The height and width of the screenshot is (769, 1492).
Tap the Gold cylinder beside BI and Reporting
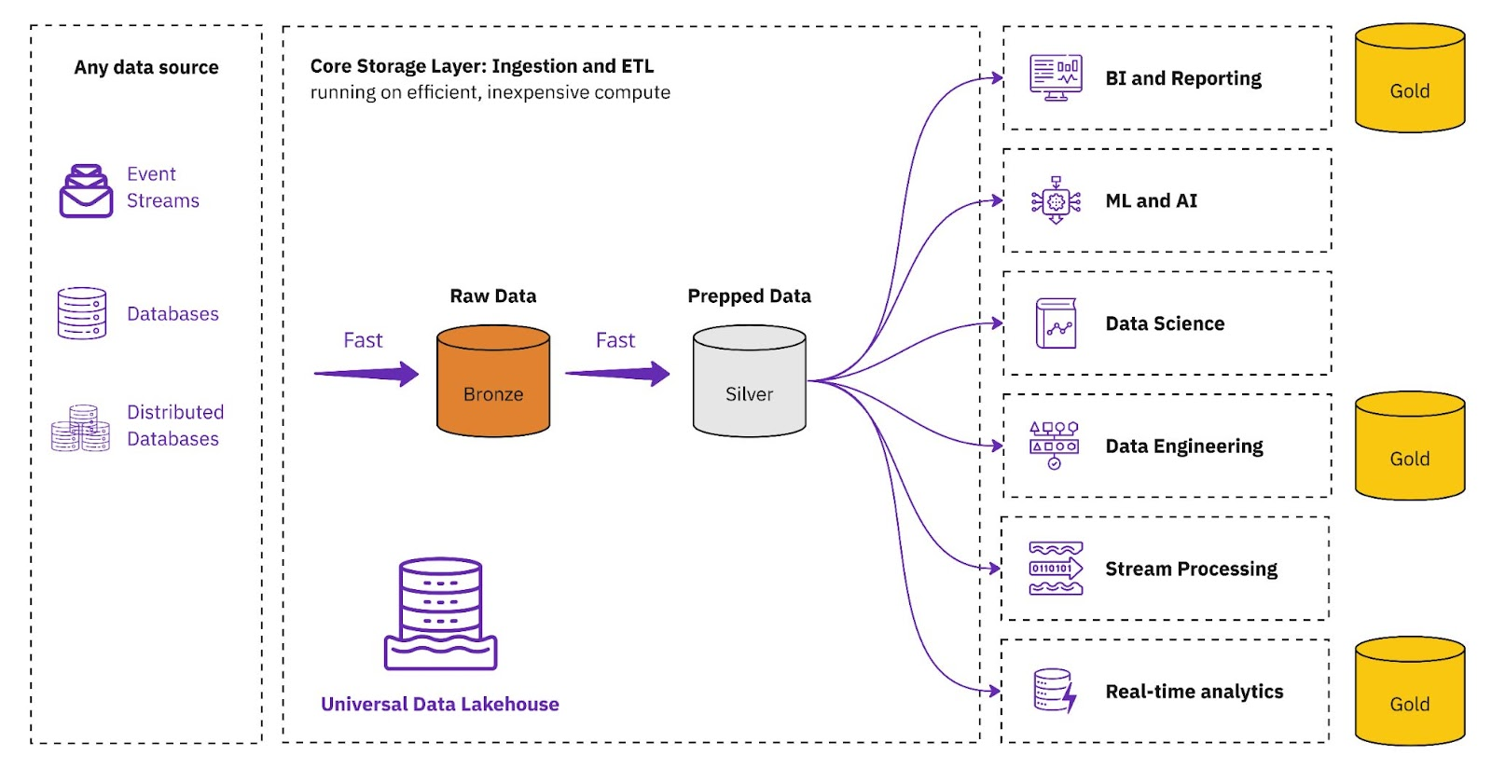1409,78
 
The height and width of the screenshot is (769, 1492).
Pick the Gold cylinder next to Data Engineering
1409,446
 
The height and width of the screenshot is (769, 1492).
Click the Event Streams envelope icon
86,191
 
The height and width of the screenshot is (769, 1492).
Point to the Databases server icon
82,313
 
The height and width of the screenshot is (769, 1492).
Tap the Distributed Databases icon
81,428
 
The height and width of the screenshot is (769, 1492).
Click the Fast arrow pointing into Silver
617,374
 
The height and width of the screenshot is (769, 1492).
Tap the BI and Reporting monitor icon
1056,77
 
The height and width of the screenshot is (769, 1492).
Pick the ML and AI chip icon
1056,200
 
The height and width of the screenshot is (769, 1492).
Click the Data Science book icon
1056,323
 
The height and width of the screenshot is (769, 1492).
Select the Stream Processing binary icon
1056,568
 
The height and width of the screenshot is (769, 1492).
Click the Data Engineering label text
1183,446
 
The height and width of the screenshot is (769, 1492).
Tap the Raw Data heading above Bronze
492,296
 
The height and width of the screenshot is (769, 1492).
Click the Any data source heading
146,67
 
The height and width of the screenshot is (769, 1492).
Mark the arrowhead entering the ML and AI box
997,200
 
